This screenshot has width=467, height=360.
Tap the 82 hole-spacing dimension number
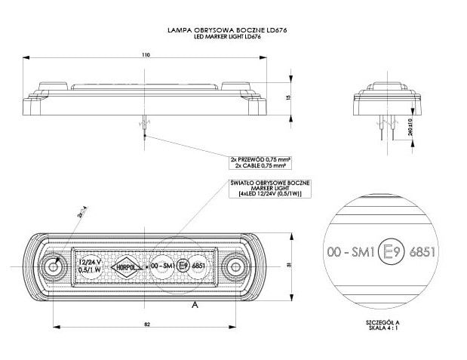click(x=146, y=323)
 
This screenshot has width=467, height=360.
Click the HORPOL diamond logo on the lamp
click(x=127, y=265)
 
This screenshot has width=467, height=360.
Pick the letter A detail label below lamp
click(x=195, y=304)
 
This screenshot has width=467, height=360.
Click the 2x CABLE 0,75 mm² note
click(x=260, y=165)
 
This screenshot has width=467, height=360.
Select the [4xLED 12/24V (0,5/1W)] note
click(x=270, y=194)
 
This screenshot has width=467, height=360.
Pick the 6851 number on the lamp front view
click(x=200, y=266)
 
